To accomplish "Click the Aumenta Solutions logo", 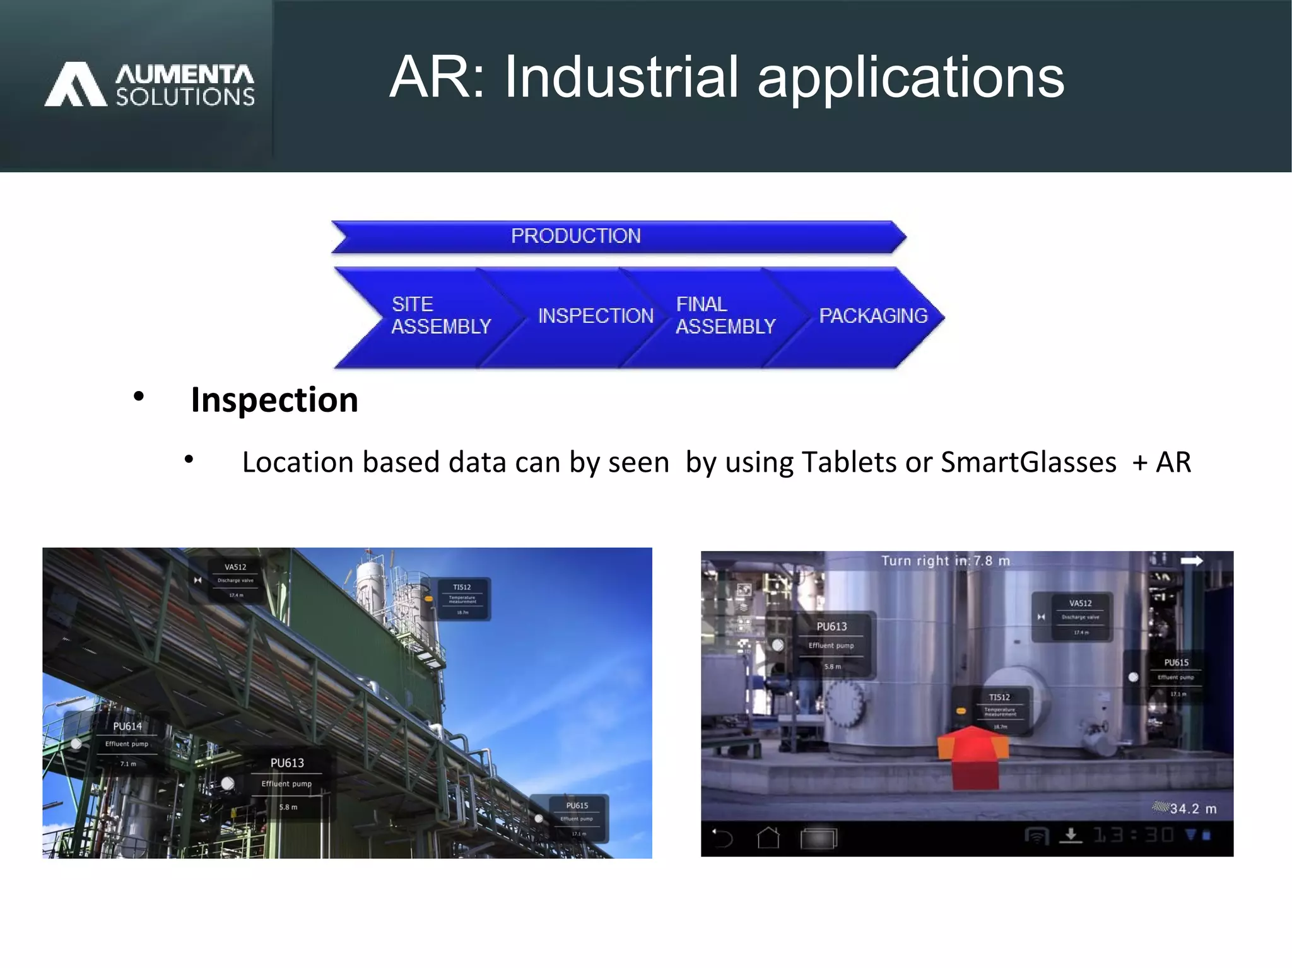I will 150,84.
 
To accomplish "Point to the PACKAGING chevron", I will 873,315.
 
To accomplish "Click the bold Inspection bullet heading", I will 274,400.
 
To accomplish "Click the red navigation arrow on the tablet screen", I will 974,757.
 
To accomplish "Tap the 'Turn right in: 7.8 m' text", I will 945,561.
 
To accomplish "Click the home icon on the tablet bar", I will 768,838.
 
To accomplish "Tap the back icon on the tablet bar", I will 722,838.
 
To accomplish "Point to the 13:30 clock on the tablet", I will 1133,836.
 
